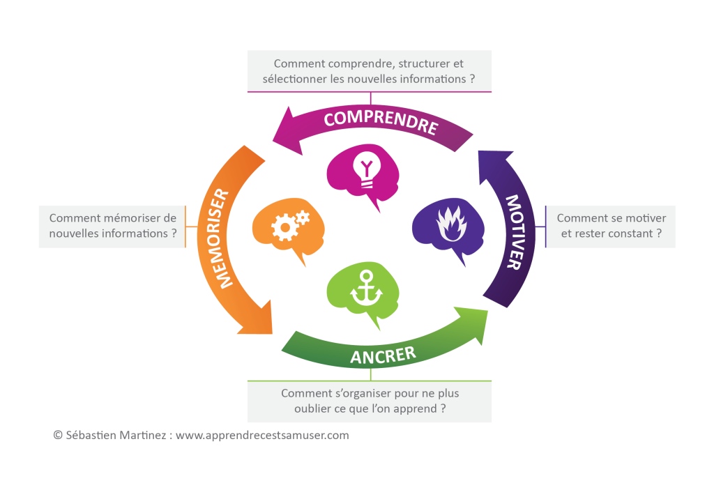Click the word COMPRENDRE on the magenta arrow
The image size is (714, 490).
[380, 122]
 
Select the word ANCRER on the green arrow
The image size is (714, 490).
[383, 356]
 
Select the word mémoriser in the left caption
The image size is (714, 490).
[132, 218]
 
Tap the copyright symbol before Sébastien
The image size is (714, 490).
[58, 435]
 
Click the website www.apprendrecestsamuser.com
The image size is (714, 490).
[262, 435]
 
